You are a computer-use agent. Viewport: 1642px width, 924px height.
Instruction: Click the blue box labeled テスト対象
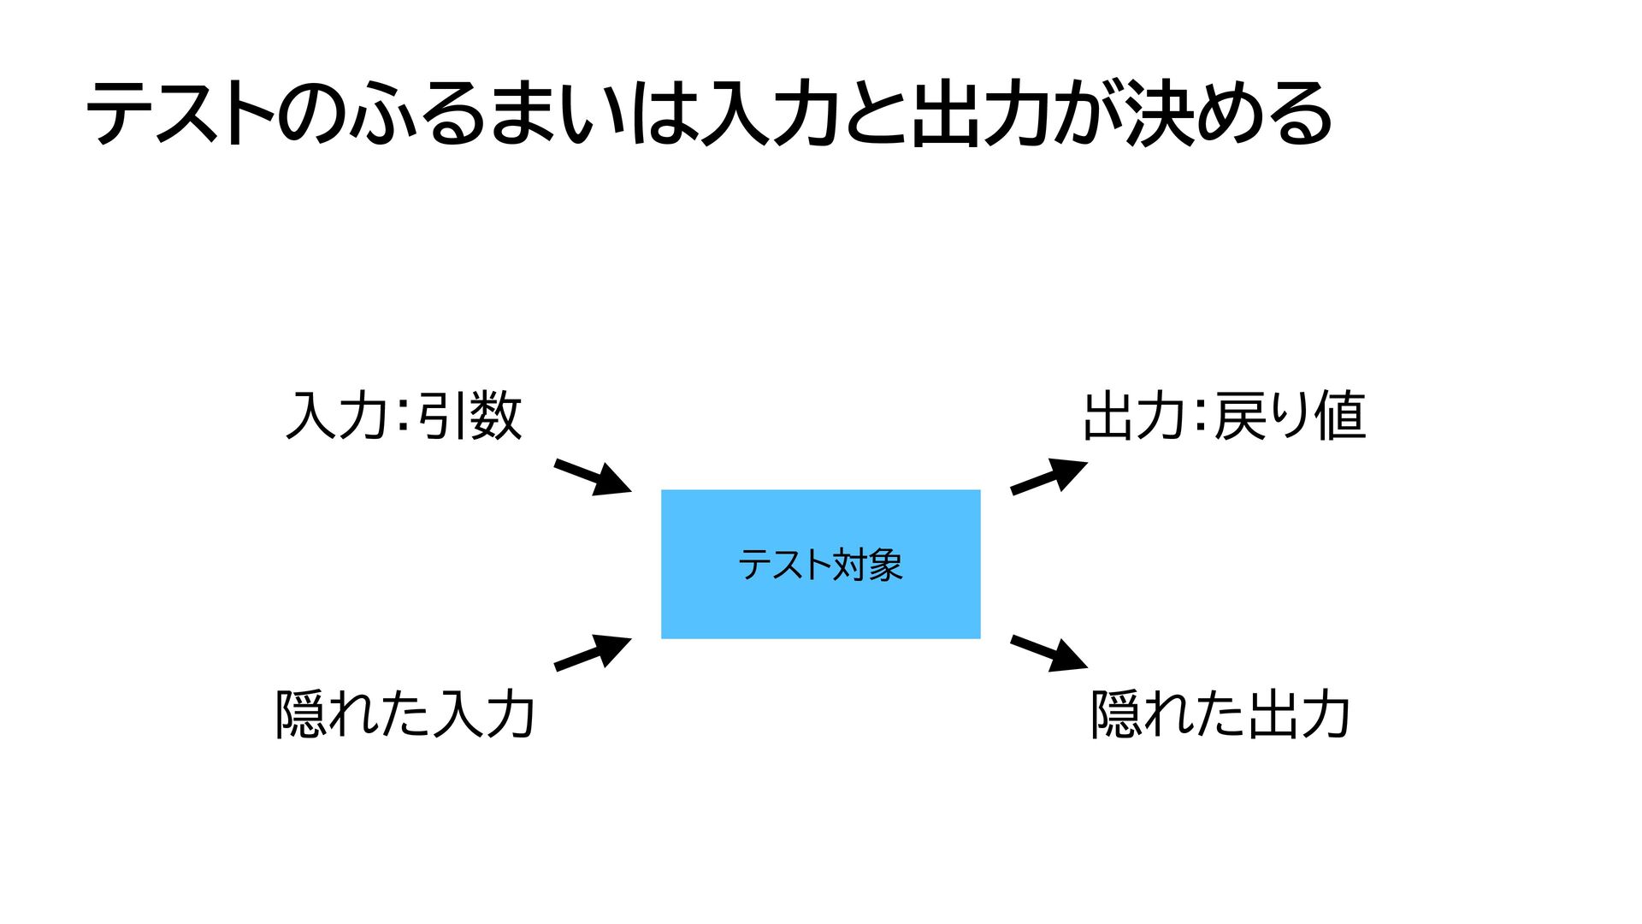820,599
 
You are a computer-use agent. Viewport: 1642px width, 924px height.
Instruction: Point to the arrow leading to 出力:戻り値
1048,476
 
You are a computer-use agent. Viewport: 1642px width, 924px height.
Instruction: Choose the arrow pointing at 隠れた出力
1048,653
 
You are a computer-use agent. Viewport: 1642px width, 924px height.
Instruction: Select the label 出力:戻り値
1224,416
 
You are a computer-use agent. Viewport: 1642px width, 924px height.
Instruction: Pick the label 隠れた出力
1220,714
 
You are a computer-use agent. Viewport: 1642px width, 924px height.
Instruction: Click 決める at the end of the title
1228,114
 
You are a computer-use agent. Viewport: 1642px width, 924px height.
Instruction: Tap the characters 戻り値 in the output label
1290,416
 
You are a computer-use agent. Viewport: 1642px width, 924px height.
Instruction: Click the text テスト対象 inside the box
820,565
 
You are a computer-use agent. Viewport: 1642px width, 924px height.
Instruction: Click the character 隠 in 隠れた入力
300,714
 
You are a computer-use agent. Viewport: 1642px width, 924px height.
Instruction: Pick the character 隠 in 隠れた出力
1116,714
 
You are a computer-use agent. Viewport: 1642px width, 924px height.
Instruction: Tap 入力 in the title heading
768,114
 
